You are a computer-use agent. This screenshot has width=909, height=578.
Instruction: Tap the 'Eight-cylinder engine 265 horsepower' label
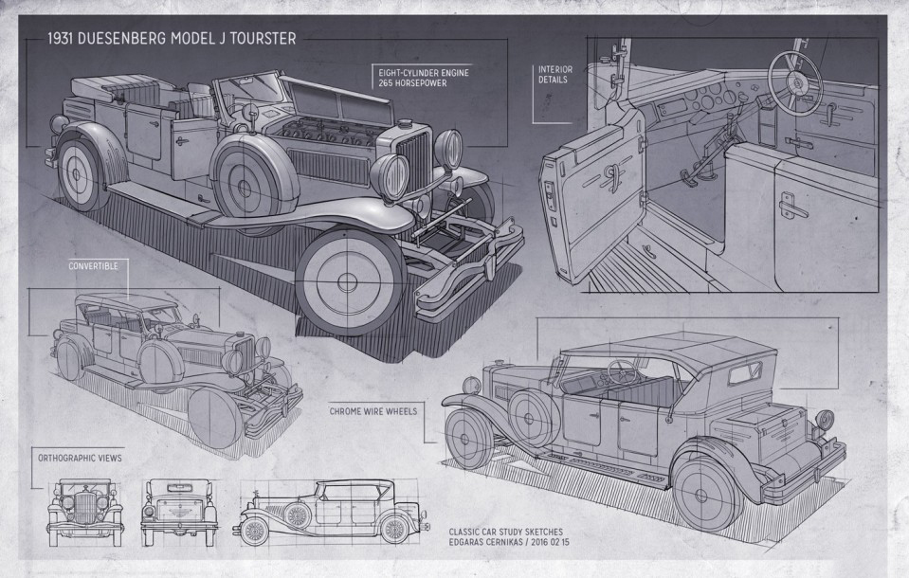(x=409, y=77)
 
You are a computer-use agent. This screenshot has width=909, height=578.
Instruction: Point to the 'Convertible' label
(x=93, y=267)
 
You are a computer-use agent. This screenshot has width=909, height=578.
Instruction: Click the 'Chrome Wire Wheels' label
(x=373, y=411)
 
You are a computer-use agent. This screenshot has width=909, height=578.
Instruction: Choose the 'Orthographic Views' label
(x=80, y=457)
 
